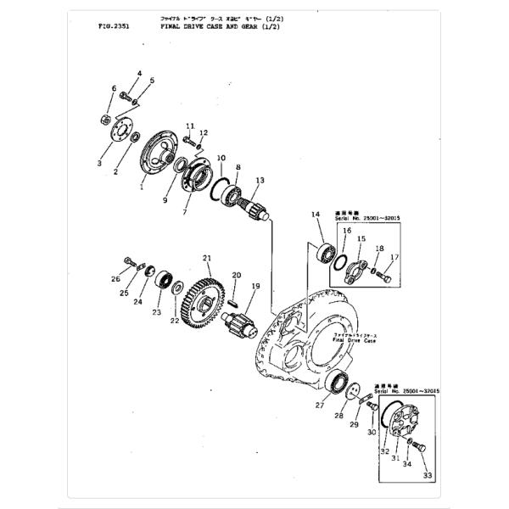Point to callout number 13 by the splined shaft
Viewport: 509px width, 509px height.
[x=260, y=180]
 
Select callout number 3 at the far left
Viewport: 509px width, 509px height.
[x=99, y=162]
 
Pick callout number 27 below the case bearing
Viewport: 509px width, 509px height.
[x=320, y=406]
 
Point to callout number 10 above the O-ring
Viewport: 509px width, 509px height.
[x=221, y=159]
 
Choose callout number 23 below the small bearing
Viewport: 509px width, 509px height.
[x=156, y=312]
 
